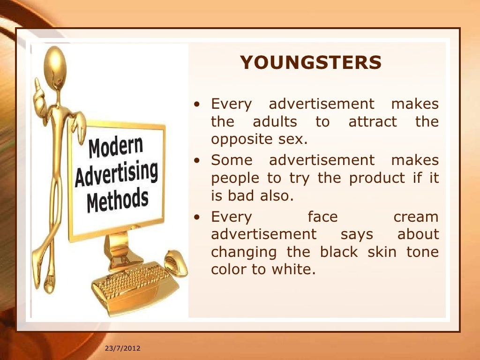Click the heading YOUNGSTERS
coord(311,63)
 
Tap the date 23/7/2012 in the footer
coord(122,348)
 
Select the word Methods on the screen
coord(118,200)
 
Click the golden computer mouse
coord(176,263)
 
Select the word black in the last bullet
coord(338,252)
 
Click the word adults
coord(275,122)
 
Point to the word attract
coord(373,122)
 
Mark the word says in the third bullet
coord(357,234)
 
